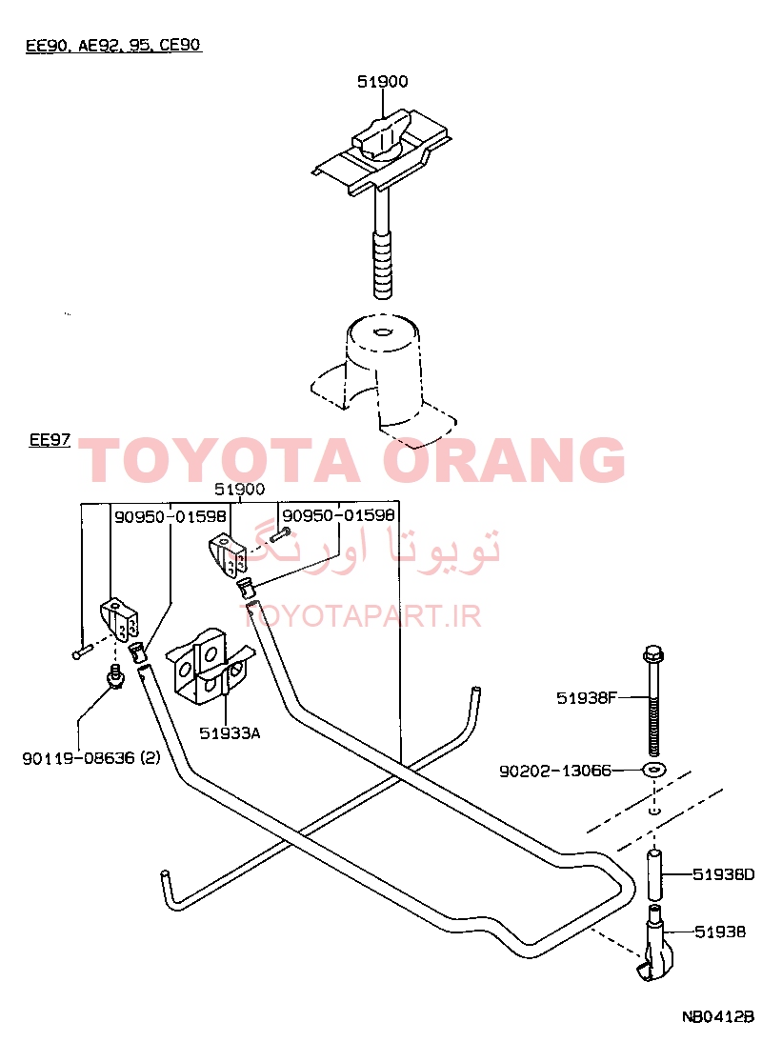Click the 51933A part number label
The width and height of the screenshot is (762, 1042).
click(230, 733)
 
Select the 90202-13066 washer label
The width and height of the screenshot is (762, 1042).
click(554, 771)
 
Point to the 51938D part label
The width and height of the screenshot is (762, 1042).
click(724, 874)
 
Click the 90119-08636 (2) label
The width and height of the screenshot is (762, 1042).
click(91, 757)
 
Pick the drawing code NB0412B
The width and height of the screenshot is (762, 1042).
click(718, 1016)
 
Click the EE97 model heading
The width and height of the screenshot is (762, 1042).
click(50, 440)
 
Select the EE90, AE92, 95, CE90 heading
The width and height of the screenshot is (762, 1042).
click(113, 45)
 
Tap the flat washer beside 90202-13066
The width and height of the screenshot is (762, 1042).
click(654, 771)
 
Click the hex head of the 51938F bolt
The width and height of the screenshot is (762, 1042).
click(653, 654)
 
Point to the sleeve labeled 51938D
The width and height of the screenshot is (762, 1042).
click(655, 875)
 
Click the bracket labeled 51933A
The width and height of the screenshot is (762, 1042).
click(208, 666)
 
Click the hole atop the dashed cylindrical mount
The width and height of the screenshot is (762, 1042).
click(382, 331)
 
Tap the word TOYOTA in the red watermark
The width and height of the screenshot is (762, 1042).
click(219, 460)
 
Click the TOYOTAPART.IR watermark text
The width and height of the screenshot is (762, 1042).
click(360, 616)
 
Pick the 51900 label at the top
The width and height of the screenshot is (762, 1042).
click(383, 82)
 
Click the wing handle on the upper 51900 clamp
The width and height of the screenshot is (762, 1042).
click(383, 135)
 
